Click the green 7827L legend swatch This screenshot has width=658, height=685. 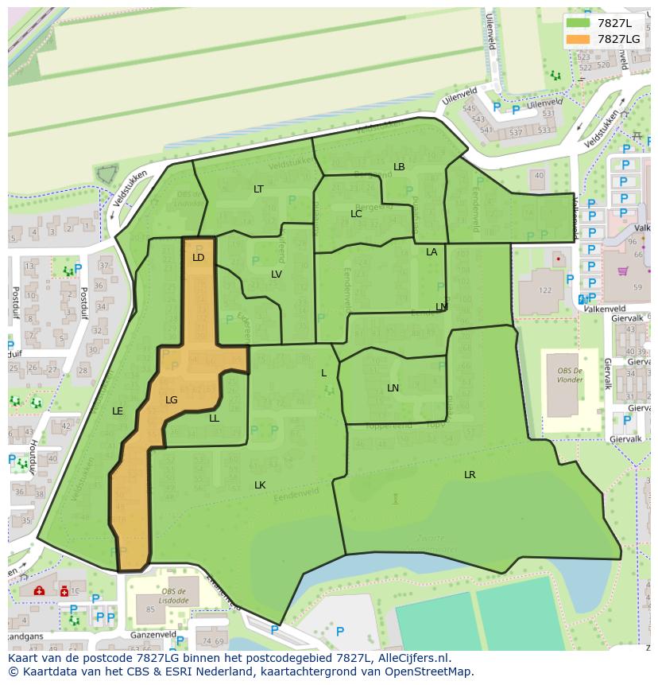578,22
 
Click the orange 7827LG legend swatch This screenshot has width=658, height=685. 578,39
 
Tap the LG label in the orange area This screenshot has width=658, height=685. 171,400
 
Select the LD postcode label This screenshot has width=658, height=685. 198,258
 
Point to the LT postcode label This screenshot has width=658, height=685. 258,189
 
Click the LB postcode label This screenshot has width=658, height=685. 399,167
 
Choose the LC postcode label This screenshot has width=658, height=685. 356,214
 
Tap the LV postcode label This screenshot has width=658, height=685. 276,274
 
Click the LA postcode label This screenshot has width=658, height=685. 432,252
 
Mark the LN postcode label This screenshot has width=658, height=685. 393,388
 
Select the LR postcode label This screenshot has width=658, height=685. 470,475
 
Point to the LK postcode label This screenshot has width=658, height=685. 260,485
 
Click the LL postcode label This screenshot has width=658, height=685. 214,418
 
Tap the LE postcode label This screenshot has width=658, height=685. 118,411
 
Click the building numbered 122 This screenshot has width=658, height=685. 545,290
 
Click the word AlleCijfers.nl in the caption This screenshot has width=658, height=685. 412,659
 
